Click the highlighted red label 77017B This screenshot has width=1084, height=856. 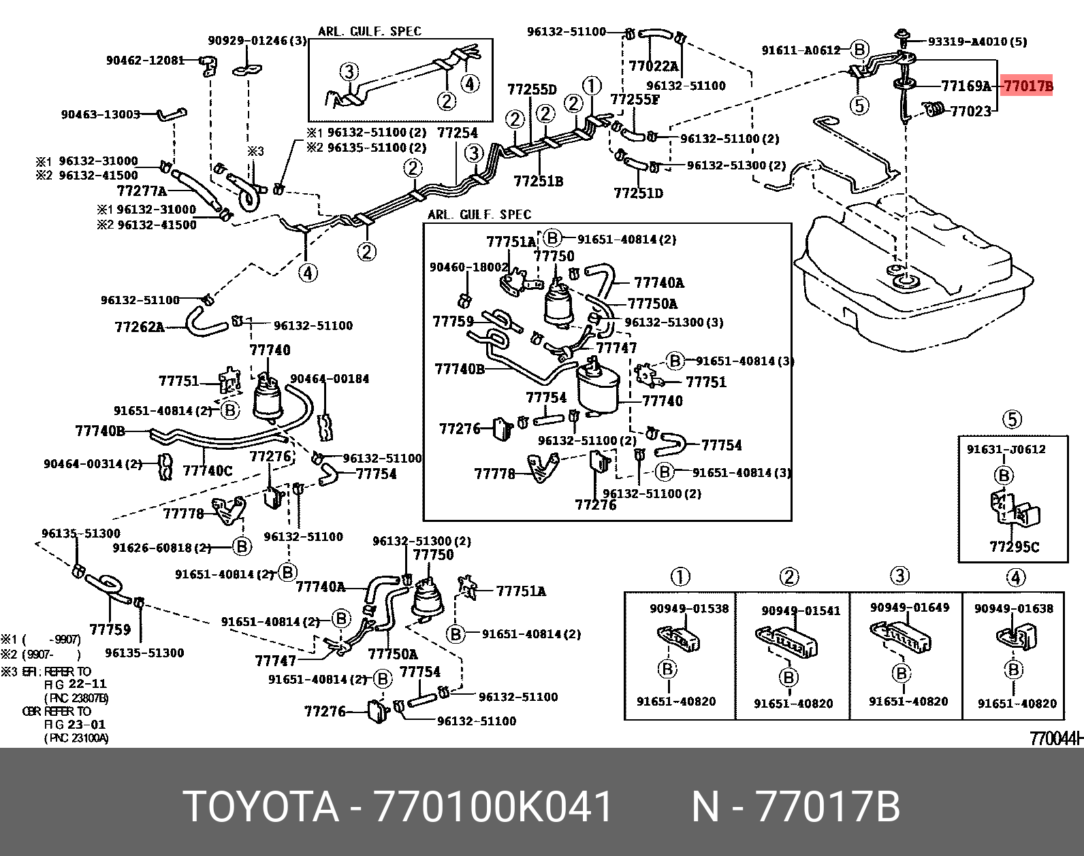point(1027,86)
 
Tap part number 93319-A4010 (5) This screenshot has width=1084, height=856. point(977,42)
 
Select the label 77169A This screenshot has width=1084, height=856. point(966,86)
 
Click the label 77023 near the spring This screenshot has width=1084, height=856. point(970,112)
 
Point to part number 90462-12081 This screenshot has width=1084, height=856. point(145,60)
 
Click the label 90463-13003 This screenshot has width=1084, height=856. point(101,114)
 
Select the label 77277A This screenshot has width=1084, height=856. point(142,191)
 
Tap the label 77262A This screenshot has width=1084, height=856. point(140,327)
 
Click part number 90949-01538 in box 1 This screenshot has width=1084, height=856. point(688,608)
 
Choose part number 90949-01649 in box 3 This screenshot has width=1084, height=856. point(909,607)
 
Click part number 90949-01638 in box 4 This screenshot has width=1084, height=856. point(1013,608)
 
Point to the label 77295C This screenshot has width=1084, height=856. point(1014,547)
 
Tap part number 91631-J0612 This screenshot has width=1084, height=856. point(1006,449)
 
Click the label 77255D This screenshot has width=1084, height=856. point(532,90)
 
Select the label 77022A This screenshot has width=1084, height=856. point(653,66)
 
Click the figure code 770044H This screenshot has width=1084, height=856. point(1055,738)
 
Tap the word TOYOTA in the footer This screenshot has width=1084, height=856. point(261,807)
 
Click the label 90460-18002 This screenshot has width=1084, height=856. point(468,267)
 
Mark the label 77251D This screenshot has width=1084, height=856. point(638,193)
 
